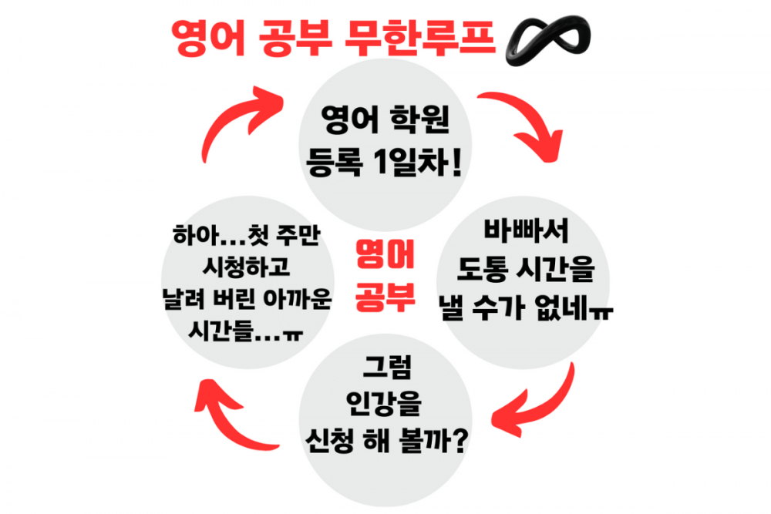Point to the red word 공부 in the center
coord(385,296)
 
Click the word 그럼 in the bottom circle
coord(385,365)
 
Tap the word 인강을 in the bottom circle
coord(385,403)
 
